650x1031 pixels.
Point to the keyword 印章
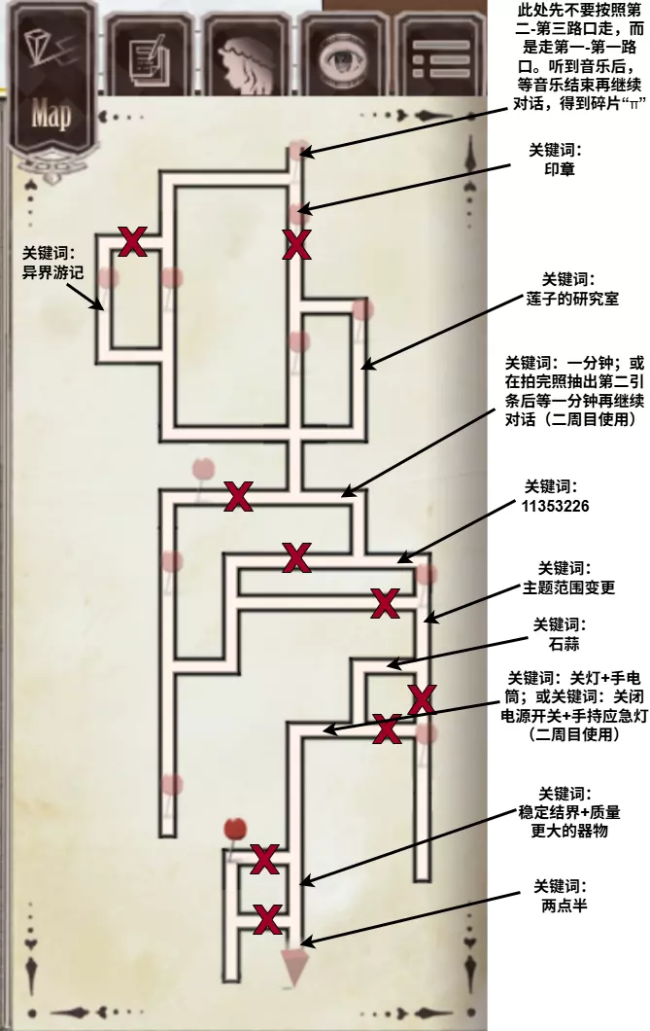point(561,168)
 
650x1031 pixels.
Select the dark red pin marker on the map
point(234,830)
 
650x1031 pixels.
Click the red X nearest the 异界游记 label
point(132,239)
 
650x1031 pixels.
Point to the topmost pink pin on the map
point(298,150)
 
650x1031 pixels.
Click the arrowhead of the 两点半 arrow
point(305,942)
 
